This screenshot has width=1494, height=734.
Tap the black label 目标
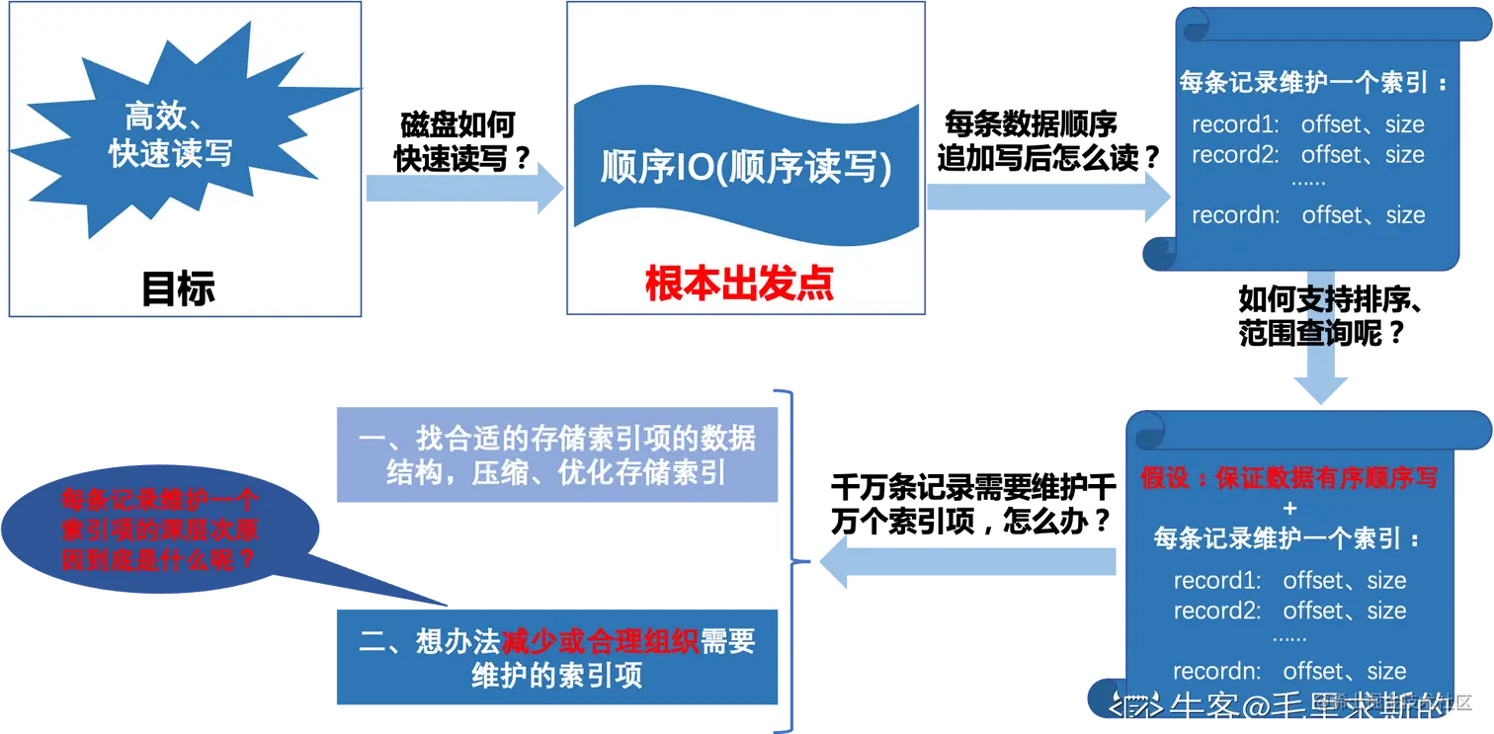[178, 289]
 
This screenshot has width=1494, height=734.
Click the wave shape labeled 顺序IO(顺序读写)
[746, 168]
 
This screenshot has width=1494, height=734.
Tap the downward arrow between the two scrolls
[1319, 341]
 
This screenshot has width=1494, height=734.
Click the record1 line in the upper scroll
[1307, 125]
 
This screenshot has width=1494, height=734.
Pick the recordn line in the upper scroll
[1307, 215]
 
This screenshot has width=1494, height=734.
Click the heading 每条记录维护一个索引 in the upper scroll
[1313, 83]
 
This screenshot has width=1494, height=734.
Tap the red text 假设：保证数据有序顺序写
[1288, 478]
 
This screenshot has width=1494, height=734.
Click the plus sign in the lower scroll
[1288, 508]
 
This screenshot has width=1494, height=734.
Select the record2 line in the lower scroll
[1289, 611]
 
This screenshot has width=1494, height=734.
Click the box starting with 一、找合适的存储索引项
[555, 455]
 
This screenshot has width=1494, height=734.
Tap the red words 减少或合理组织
[600, 642]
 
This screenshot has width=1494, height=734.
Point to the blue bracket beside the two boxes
[788, 559]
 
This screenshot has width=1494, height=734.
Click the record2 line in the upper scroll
[1307, 155]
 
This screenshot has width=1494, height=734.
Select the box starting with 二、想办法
[555, 658]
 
